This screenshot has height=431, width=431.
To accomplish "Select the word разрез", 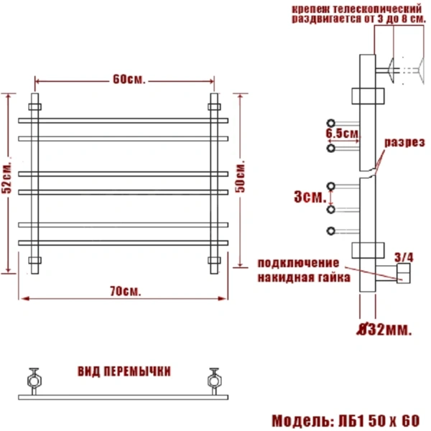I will coord(404,143).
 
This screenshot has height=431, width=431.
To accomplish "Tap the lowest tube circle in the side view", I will coord(331,231).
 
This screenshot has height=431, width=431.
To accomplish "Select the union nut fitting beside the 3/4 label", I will coord(402,272).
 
